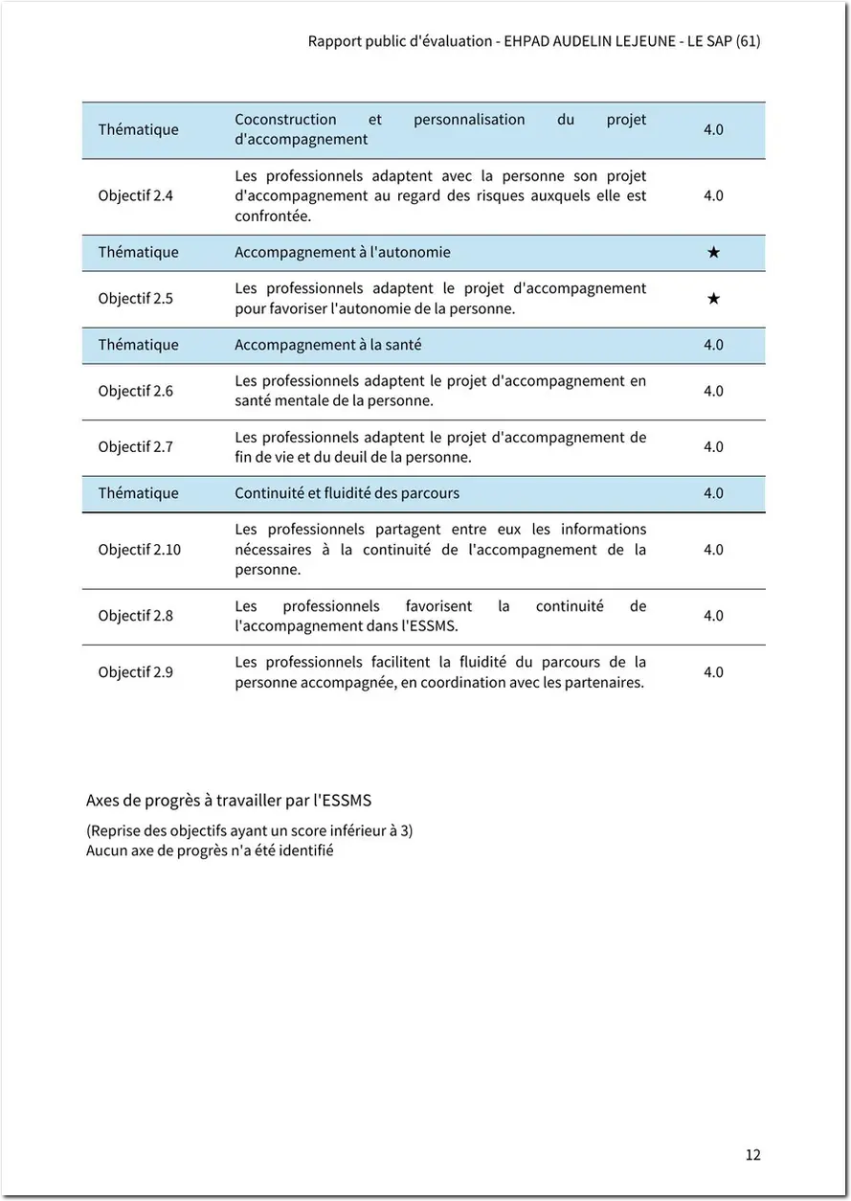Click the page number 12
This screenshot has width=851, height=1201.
point(752,1154)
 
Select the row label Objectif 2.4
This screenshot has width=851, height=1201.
point(135,195)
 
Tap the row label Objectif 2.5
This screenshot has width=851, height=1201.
point(135,298)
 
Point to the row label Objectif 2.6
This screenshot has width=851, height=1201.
point(135,391)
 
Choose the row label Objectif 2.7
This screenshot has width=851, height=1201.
point(135,446)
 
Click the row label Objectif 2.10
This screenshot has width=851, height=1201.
point(139,550)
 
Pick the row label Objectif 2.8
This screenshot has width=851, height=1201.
point(135,616)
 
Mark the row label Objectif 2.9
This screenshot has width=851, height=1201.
point(135,672)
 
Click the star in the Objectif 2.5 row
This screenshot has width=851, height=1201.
point(713,298)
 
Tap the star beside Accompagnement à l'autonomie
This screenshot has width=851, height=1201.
point(713,252)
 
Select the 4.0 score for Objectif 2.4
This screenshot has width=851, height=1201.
point(713,195)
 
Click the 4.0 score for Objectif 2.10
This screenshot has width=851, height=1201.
point(713,550)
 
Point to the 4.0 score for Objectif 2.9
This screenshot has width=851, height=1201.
point(713,672)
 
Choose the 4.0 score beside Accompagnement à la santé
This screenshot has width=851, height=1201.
point(713,345)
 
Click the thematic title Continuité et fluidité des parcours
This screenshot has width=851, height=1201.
point(347,493)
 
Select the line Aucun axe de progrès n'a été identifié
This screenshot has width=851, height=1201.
point(210,850)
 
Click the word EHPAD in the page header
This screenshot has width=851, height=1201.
point(527,41)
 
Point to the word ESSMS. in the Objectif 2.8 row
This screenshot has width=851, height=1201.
point(436,626)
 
